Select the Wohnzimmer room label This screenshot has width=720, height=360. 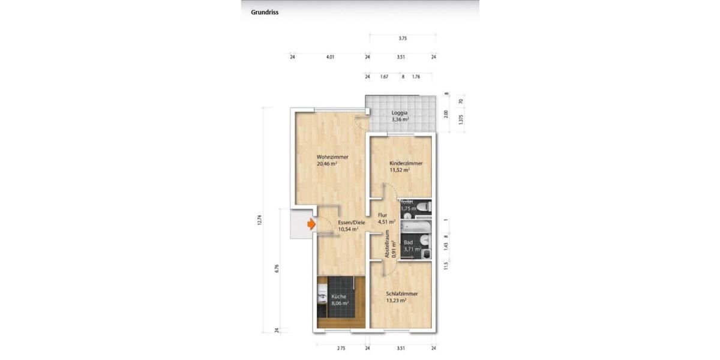coord(332,157)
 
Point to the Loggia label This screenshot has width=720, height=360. coord(400,113)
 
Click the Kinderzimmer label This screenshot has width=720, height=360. coord(406,163)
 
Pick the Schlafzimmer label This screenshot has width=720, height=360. coord(401,293)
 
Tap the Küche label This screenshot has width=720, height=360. coord(338,296)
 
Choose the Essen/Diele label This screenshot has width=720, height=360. coord(351,222)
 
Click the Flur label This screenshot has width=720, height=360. coord(382,215)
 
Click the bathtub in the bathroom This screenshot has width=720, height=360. coord(415,227)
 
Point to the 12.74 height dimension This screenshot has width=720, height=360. coord(260,220)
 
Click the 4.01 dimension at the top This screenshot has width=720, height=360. coord(329,58)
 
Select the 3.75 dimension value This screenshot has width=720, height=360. coord(403,38)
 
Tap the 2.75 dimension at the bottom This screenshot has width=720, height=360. coord(341,348)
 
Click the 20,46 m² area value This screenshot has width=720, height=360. coord(327,163)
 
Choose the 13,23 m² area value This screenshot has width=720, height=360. coord(397,300)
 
